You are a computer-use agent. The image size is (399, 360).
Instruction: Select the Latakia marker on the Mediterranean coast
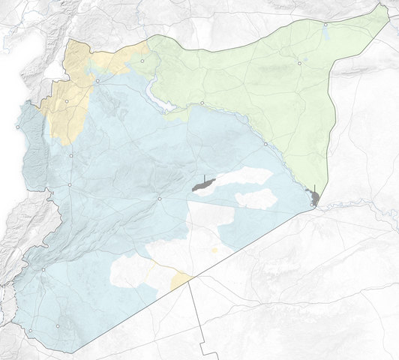pos(18,129)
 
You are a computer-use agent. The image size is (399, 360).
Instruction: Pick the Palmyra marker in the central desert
pos(159,199)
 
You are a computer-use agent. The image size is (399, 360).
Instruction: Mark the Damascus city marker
pos(43,269)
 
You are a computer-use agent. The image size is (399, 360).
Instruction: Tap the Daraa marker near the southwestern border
pos(31,330)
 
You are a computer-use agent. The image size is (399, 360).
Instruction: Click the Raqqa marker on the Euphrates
pos(202,103)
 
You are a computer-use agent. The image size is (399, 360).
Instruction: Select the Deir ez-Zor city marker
pos(265,143)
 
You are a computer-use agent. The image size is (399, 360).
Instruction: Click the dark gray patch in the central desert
pos(202,184)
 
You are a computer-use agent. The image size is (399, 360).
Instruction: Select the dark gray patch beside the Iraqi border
pos(316,199)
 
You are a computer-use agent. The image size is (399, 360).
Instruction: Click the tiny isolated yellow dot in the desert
pos(214,250)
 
